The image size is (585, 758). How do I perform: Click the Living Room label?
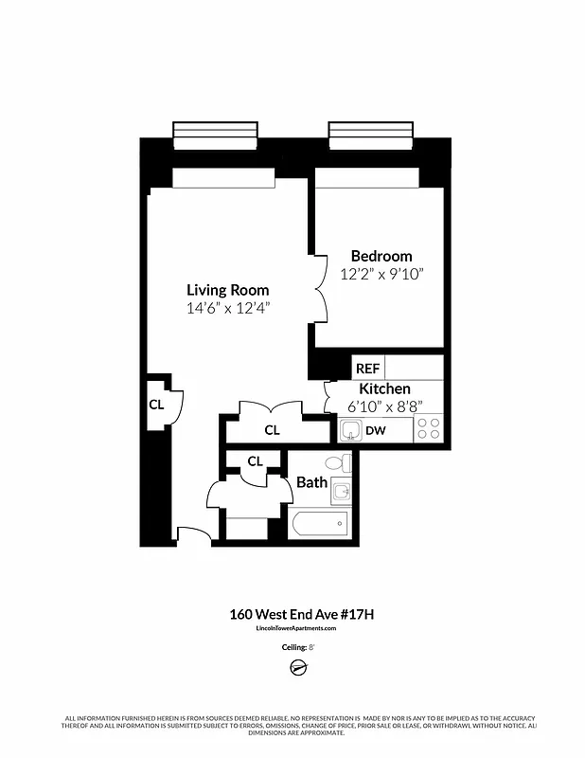[227, 290]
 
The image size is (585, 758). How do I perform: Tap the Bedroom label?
[381, 256]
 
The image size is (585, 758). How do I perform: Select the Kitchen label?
[384, 388]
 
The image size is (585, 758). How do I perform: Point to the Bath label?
[312, 482]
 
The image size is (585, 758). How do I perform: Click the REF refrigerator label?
[366, 368]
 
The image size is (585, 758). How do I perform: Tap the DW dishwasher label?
[377, 431]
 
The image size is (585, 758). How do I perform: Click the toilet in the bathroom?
[337, 463]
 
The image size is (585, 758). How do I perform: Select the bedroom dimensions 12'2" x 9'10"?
[381, 275]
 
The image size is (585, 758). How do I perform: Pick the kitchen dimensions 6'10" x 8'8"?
[384, 406]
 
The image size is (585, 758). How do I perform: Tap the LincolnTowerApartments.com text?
[296, 628]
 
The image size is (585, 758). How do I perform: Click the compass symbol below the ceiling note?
[296, 669]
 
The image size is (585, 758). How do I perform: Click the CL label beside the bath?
[255, 461]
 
